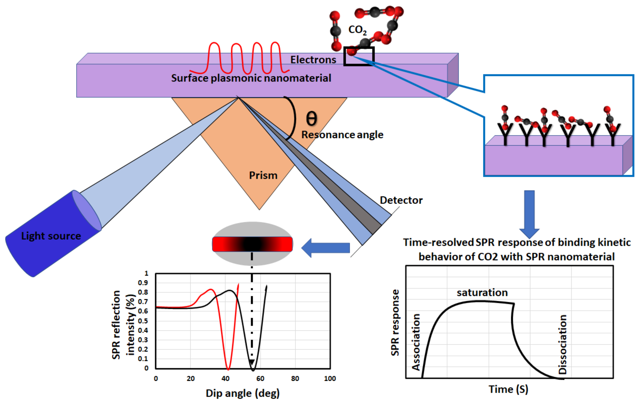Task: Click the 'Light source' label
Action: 51,236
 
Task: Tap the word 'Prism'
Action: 263,176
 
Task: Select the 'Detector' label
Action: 401,200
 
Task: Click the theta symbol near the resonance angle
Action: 311,119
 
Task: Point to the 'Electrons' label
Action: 313,60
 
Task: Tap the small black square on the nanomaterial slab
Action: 359,56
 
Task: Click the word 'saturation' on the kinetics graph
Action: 482,293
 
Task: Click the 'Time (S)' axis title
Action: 508,389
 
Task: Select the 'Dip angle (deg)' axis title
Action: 242,393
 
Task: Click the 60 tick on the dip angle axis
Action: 260,379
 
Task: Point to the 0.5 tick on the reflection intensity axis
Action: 143,321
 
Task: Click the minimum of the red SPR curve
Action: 228,369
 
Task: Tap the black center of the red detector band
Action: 252,244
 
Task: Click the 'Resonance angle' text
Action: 342,135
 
